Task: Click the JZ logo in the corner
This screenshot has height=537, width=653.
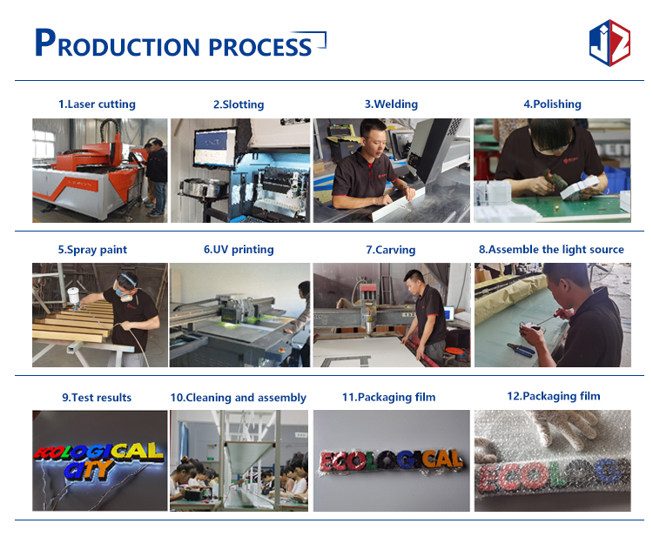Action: pyautogui.click(x=609, y=43)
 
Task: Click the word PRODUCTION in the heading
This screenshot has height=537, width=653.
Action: pyautogui.click(x=118, y=43)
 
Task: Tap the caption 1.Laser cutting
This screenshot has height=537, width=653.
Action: pyautogui.click(x=97, y=104)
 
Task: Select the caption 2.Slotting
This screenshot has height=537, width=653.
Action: pyautogui.click(x=239, y=104)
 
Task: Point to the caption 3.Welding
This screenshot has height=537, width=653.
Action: pyautogui.click(x=391, y=104)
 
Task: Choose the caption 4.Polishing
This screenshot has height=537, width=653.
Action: pyautogui.click(x=552, y=104)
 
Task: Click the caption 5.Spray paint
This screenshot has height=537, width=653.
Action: pyautogui.click(x=92, y=250)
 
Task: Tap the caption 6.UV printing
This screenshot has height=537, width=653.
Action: pyautogui.click(x=239, y=249)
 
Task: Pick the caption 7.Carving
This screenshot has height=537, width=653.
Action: pyautogui.click(x=391, y=250)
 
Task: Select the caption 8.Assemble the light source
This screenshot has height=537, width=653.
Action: pyautogui.click(x=551, y=249)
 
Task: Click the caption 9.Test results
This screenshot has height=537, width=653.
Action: pyautogui.click(x=97, y=398)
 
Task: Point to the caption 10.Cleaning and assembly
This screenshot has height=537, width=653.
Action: pyautogui.click(x=239, y=398)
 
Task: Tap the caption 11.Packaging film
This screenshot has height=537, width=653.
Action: pyautogui.click(x=389, y=397)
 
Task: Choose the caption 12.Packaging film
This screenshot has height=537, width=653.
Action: pyautogui.click(x=554, y=396)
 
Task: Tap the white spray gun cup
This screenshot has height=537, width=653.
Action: pyautogui.click(x=73, y=295)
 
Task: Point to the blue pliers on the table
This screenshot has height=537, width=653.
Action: pyautogui.click(x=520, y=350)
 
